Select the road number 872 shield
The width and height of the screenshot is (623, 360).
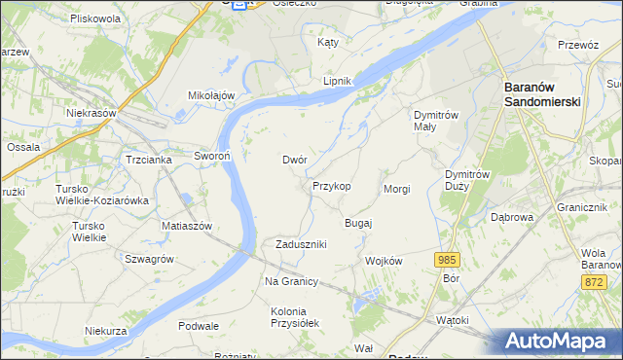595,281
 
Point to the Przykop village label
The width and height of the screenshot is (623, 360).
331,185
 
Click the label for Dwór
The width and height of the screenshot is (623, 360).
295,159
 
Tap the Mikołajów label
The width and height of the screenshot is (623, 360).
212,95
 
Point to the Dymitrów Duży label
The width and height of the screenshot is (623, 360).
463,178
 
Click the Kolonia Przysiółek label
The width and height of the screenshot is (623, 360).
294,317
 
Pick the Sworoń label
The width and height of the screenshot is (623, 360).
210,156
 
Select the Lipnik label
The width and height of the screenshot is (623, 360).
337,82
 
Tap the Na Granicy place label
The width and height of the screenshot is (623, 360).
292,281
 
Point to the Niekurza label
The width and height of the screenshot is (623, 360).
106,331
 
